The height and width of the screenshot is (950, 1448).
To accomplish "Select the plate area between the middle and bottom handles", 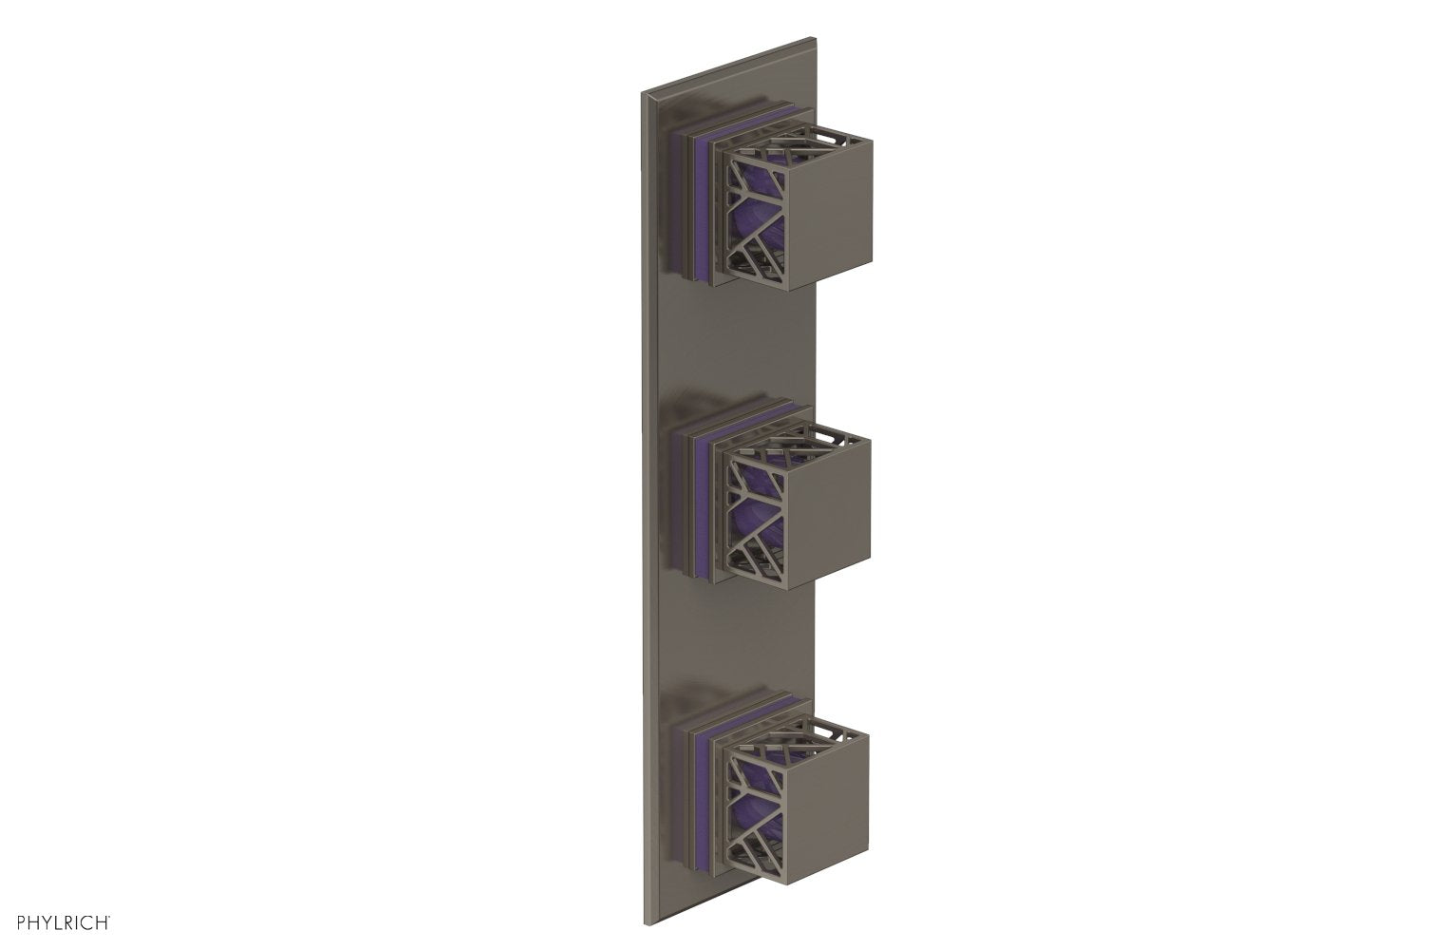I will (731, 646).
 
